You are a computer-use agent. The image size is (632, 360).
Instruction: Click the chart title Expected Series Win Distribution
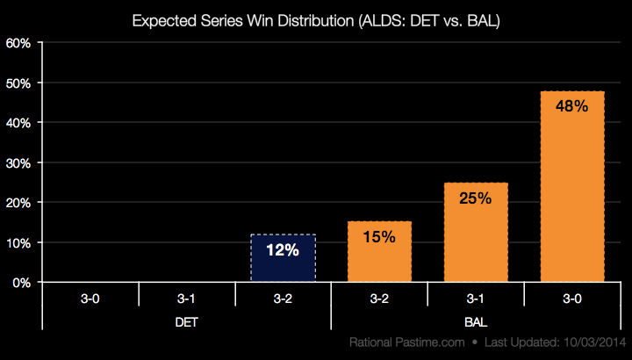click(x=316, y=19)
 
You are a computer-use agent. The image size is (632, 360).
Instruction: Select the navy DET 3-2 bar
click(x=283, y=259)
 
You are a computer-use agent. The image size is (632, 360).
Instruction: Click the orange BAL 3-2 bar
click(x=379, y=253)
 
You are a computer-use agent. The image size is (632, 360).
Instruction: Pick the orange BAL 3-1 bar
click(x=475, y=233)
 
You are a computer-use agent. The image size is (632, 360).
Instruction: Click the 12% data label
click(x=283, y=250)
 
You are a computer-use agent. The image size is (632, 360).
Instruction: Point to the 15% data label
click(x=379, y=237)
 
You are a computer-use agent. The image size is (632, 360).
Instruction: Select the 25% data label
click(x=475, y=198)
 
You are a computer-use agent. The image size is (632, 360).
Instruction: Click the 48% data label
click(x=571, y=106)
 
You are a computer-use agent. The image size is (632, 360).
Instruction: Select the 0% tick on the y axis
click(x=23, y=283)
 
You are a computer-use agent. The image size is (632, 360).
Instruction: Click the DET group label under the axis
click(x=186, y=321)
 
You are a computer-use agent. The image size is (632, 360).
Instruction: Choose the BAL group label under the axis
click(x=475, y=321)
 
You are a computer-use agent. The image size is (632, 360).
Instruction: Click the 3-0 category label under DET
click(x=90, y=298)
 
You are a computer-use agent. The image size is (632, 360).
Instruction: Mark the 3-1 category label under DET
click(x=186, y=298)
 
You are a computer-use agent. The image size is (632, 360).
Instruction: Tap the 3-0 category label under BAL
click(x=571, y=298)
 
